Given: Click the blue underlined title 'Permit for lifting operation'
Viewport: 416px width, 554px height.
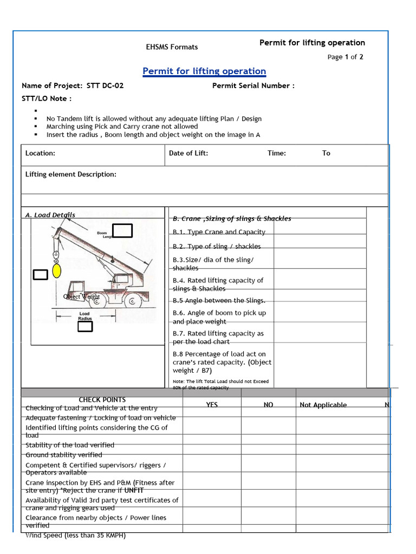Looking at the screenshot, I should (x=204, y=71).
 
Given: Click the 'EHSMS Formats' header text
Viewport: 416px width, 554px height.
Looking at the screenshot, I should (x=172, y=47).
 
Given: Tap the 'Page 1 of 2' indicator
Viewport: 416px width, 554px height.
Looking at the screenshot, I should (x=345, y=57).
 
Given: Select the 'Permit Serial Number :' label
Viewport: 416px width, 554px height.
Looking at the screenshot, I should (x=253, y=85).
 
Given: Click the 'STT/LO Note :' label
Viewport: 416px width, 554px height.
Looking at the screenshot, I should (x=47, y=98).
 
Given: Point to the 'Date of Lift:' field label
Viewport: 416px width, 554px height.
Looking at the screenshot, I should (x=188, y=153).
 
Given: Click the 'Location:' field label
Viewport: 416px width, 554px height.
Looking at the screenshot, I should (x=40, y=153).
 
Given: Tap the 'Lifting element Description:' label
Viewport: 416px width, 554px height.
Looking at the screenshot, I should (x=71, y=174).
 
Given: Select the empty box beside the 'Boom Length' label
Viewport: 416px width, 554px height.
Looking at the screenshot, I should (x=123, y=231).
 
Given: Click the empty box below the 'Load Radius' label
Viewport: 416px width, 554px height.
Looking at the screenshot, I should (x=85, y=326).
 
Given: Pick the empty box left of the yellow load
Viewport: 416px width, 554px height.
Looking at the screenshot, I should (x=41, y=274).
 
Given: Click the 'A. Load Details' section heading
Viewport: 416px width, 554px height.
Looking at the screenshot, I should (x=50, y=215).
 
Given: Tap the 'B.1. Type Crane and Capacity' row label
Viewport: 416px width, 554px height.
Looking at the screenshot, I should (x=219, y=232).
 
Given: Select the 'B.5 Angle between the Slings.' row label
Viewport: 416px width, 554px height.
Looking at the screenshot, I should (x=219, y=300).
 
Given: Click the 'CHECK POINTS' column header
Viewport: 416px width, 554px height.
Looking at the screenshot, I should (x=102, y=400).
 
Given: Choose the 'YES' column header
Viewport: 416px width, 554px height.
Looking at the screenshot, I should (x=212, y=405).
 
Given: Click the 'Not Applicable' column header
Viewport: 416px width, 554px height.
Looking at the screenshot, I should (x=323, y=405).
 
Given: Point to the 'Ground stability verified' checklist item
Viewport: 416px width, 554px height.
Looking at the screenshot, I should (x=63, y=455).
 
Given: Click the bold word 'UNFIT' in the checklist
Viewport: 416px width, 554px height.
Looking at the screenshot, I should (x=134, y=490).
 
